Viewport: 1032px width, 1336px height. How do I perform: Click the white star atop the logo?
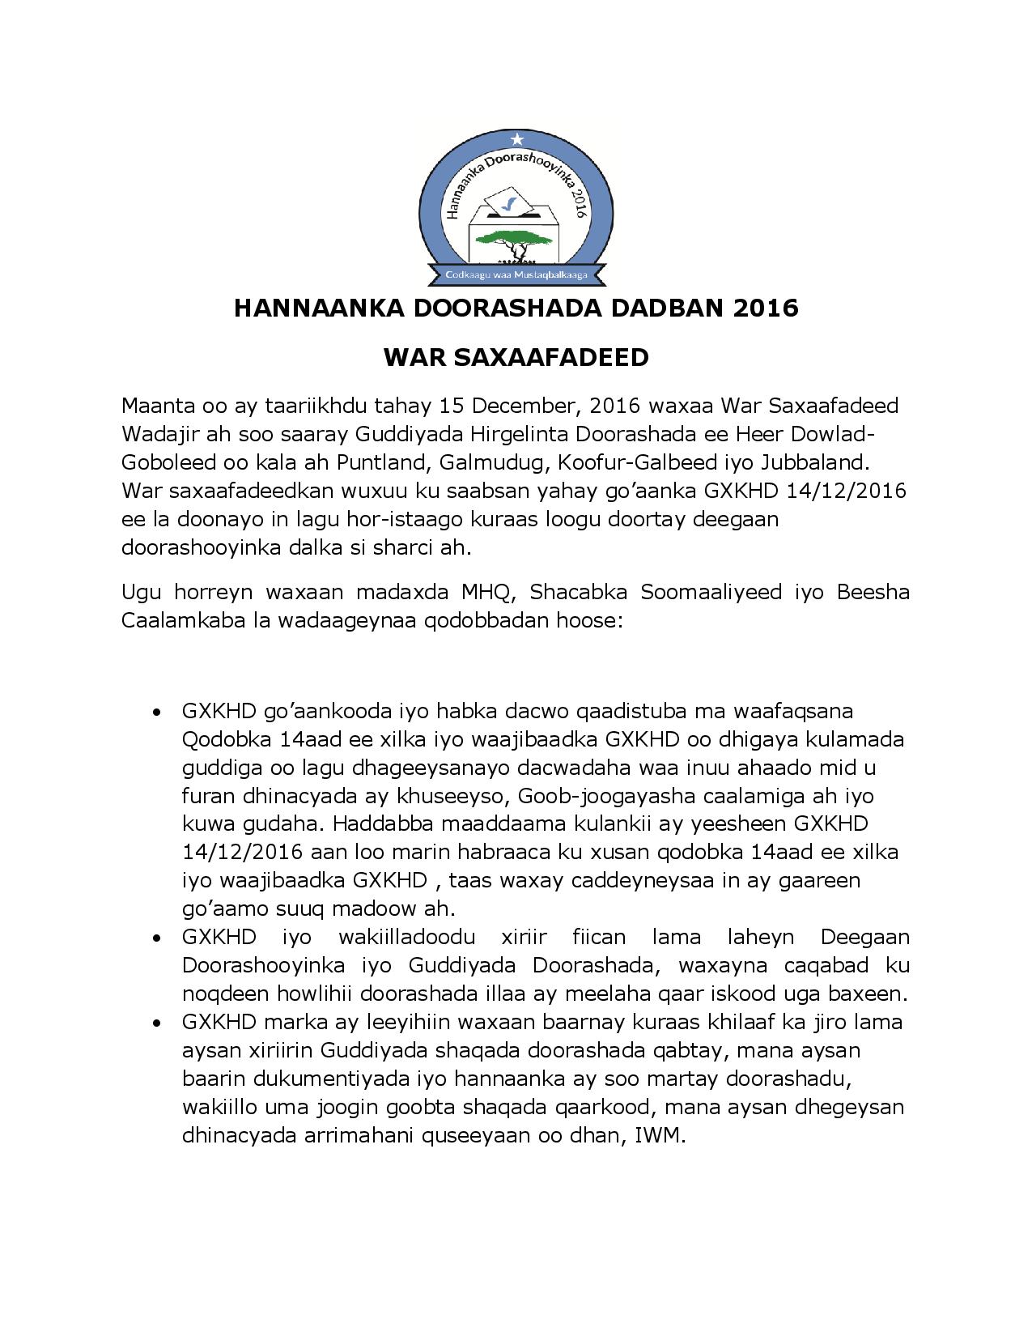(x=517, y=140)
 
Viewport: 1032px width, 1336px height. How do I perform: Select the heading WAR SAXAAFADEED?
(x=516, y=357)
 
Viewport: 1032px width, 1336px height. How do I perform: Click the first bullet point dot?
(x=156, y=713)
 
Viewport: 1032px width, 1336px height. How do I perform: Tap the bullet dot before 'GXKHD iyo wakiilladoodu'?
(x=156, y=938)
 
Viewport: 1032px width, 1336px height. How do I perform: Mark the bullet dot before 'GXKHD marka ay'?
(x=156, y=1023)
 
